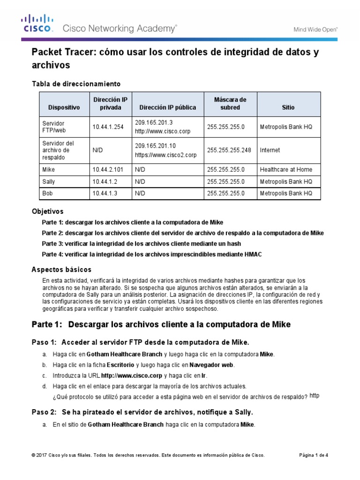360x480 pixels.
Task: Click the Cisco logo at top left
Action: coord(37,24)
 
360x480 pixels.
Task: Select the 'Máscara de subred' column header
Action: coord(230,103)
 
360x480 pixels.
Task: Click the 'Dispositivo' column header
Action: coord(64,107)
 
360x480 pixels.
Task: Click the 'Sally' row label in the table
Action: coord(49,181)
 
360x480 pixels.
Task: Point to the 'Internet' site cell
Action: coord(270,150)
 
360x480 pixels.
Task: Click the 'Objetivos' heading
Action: coord(47,211)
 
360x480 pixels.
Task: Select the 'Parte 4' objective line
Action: coord(151,254)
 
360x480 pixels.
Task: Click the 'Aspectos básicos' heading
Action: coord(61,270)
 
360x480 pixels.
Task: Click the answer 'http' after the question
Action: coord(315,396)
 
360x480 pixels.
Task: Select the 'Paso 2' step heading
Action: coord(142,412)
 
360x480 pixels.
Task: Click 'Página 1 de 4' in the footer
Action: coord(314,455)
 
